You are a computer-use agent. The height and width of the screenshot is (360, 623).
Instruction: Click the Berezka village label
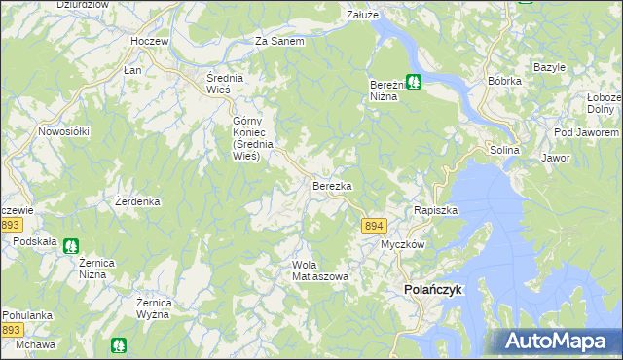click(332, 184)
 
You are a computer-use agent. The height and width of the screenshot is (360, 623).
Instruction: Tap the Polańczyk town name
click(433, 290)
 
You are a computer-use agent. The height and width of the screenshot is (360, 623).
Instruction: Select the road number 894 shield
click(373, 225)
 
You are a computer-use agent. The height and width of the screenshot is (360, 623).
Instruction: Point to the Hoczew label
click(150, 43)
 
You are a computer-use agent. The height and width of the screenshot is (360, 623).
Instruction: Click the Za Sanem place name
click(279, 42)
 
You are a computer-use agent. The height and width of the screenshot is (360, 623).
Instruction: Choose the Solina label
click(505, 151)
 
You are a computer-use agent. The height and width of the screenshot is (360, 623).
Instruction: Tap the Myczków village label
click(402, 244)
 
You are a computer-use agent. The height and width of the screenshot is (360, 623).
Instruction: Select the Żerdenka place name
click(137, 201)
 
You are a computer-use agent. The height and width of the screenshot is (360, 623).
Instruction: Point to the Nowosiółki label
click(63, 131)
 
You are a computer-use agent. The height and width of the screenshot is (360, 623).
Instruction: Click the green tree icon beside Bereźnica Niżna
click(414, 83)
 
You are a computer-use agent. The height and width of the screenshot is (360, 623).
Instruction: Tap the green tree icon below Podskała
click(70, 247)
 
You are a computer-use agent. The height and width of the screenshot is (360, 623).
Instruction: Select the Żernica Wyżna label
click(155, 307)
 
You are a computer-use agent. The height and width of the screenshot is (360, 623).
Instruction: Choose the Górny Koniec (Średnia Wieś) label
click(245, 138)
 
